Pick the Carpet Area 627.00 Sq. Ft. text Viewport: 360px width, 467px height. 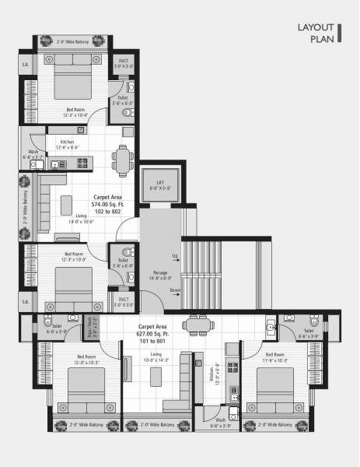click(x=153, y=332)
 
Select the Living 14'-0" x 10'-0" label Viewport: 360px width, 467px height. click(x=82, y=219)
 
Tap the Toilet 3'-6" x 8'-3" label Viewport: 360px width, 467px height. click(x=123, y=100)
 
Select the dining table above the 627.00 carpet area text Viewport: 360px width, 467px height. click(x=194, y=324)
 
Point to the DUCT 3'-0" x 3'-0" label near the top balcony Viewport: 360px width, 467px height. click(x=124, y=65)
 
